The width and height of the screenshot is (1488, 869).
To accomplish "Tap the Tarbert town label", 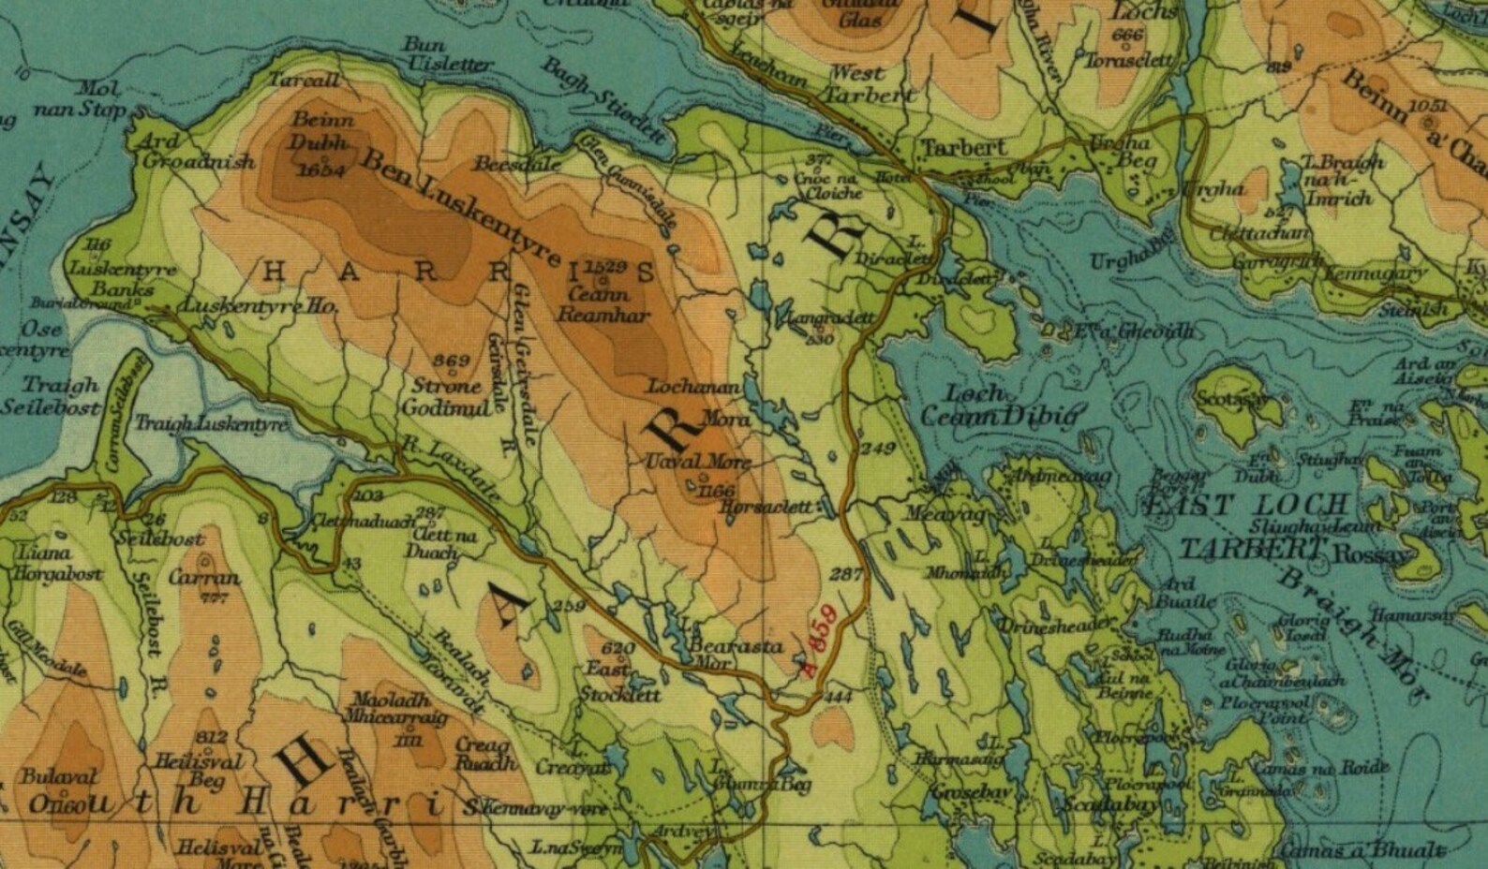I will click(951, 148).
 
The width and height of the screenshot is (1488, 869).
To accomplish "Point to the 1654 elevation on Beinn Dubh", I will click(319, 170).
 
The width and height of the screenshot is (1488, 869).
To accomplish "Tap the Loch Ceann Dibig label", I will click(1001, 405).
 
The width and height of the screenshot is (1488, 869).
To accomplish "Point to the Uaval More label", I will click(698, 463).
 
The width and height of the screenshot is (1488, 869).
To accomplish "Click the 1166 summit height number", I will click(716, 490).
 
